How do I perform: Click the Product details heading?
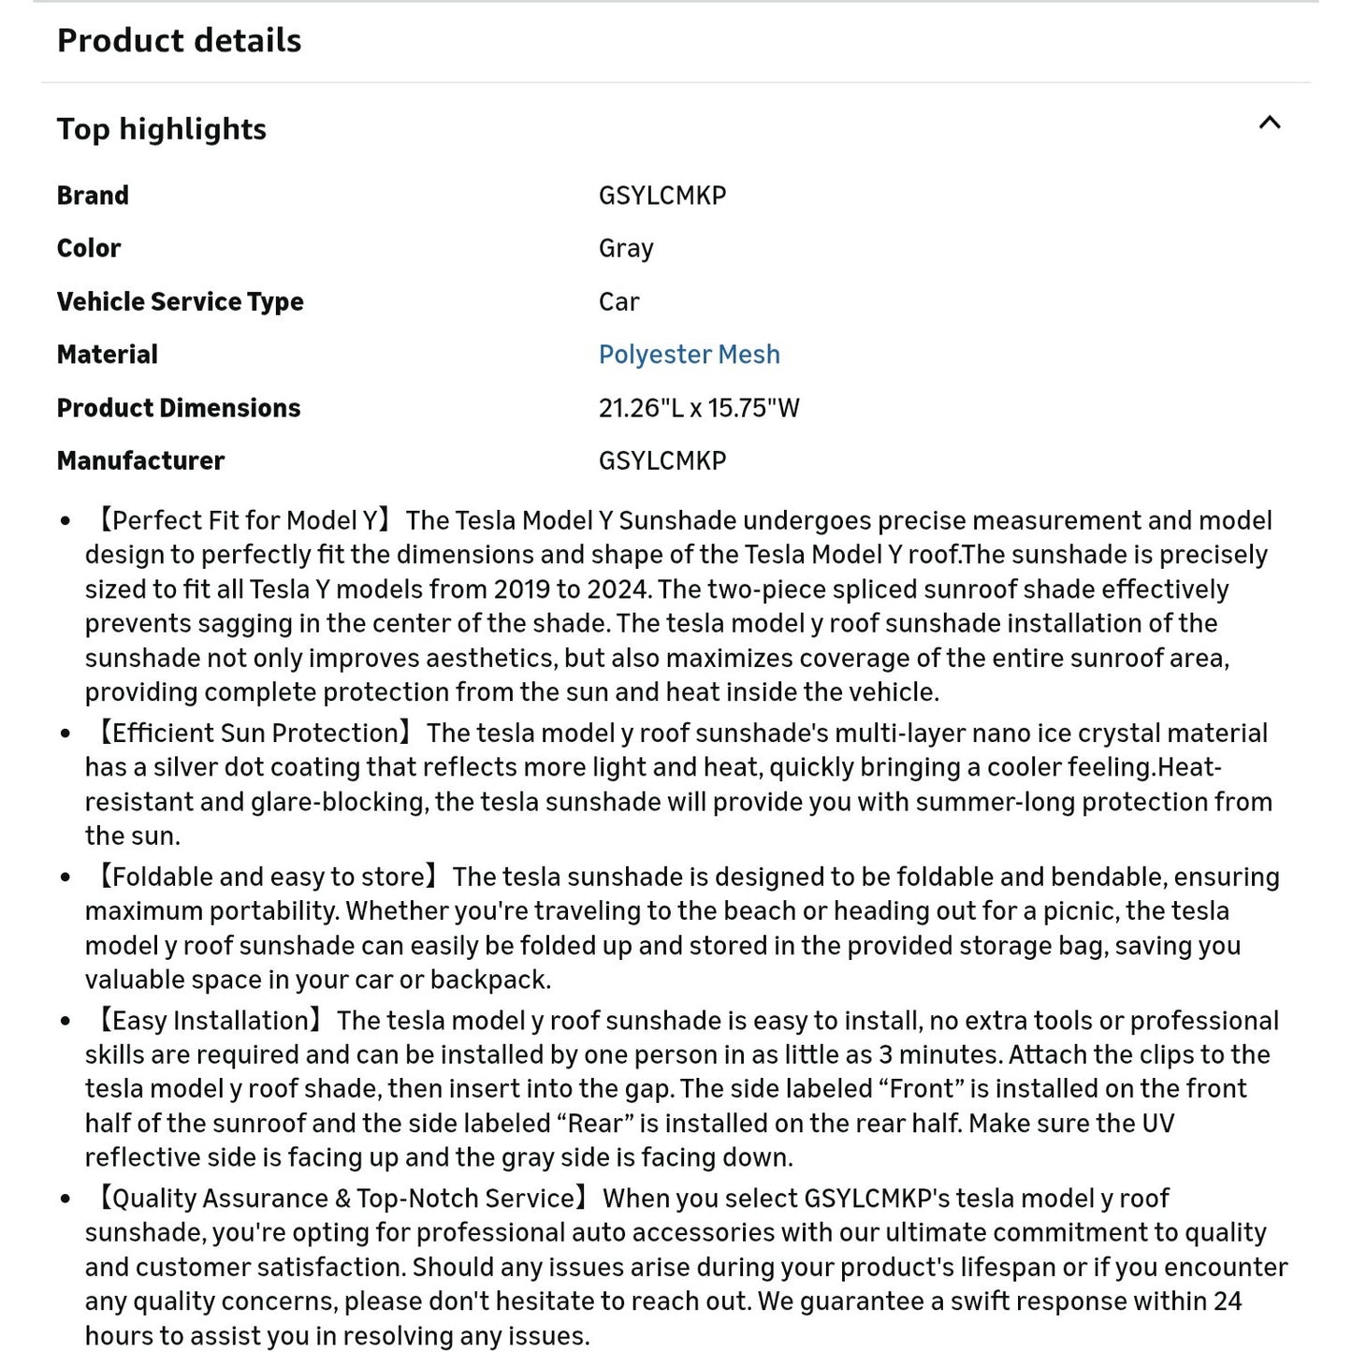click(179, 40)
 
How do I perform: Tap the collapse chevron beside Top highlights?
click(1269, 123)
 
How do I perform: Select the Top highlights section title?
click(161, 128)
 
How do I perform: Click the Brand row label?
click(93, 196)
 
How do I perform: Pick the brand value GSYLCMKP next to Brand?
click(661, 196)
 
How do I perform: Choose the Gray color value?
click(626, 248)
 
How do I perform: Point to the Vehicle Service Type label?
click(180, 301)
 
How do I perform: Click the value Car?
click(618, 301)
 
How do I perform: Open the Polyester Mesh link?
click(689, 355)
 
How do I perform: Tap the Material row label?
click(107, 355)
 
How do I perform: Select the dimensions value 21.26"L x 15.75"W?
click(698, 408)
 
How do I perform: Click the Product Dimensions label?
click(178, 408)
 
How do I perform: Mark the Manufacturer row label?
click(140, 460)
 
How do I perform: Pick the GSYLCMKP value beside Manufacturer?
click(661, 460)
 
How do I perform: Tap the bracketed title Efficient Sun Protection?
click(254, 733)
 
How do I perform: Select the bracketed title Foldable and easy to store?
click(268, 877)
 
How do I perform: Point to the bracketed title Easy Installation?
click(210, 1021)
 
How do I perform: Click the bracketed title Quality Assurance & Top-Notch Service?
click(342, 1199)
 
